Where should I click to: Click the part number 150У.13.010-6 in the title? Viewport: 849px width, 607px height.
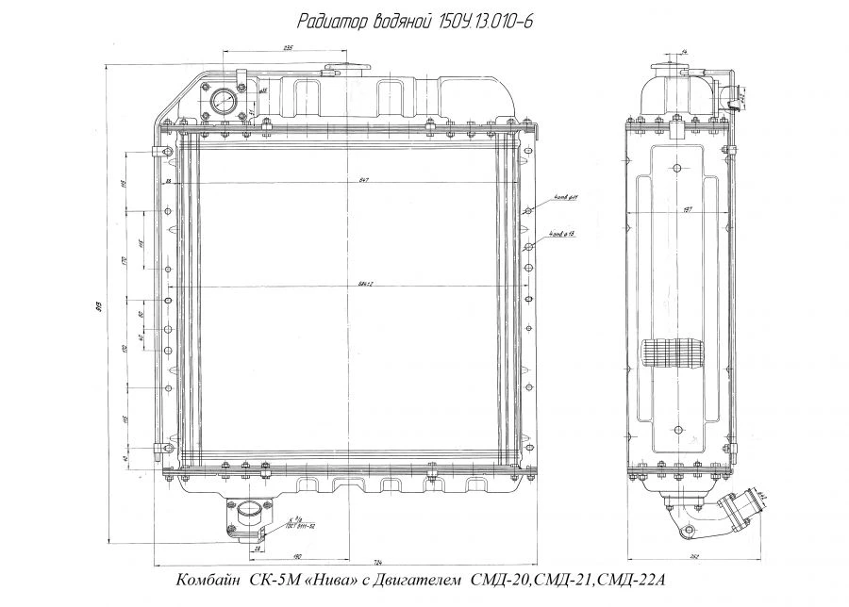(x=482, y=21)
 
